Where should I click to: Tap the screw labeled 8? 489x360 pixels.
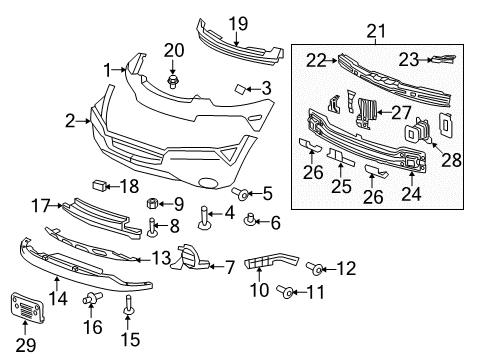tap(153, 227)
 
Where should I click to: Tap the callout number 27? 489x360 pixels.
tap(401, 112)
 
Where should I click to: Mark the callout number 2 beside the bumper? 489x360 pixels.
tap(71, 121)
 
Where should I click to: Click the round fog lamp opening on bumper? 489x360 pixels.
tap(208, 183)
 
